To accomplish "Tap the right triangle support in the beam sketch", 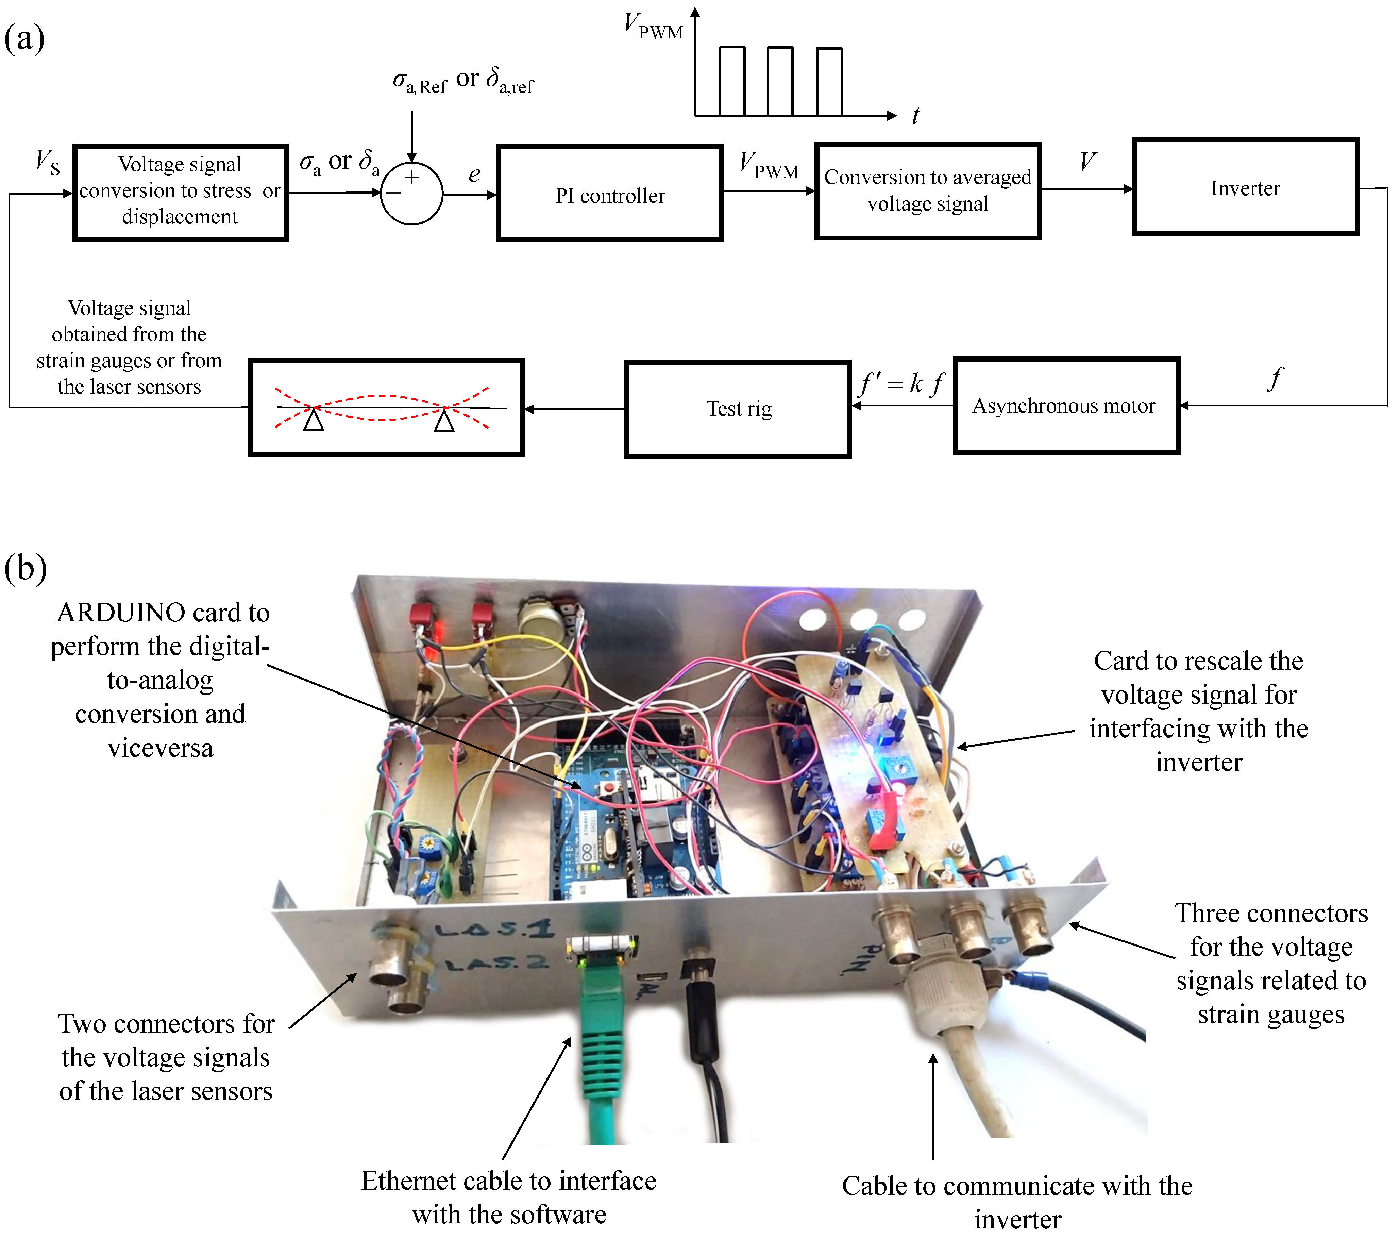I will click(x=444, y=419).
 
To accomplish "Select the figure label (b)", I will click(x=26, y=568).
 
